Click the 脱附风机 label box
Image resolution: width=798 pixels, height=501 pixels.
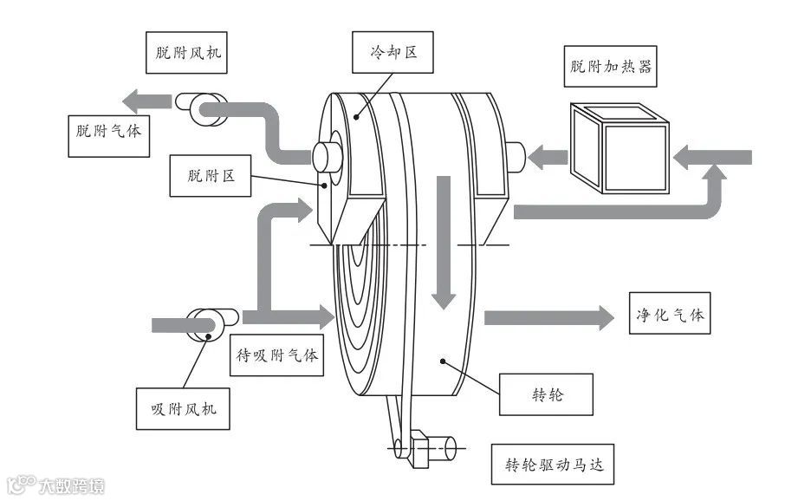184,51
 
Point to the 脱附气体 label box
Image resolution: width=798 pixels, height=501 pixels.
109,133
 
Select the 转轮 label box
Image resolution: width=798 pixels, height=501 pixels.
547,395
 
